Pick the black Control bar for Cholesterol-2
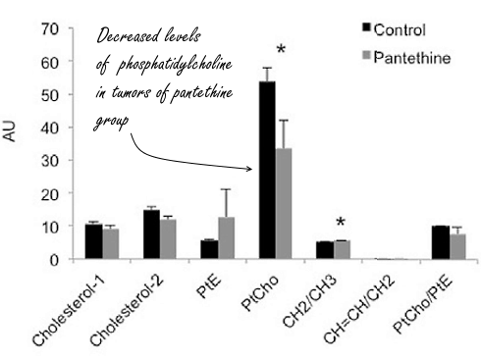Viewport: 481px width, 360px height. [151, 234]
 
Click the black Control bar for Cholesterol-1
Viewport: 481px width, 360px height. [93, 241]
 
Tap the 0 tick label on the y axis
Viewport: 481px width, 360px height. [51, 259]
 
